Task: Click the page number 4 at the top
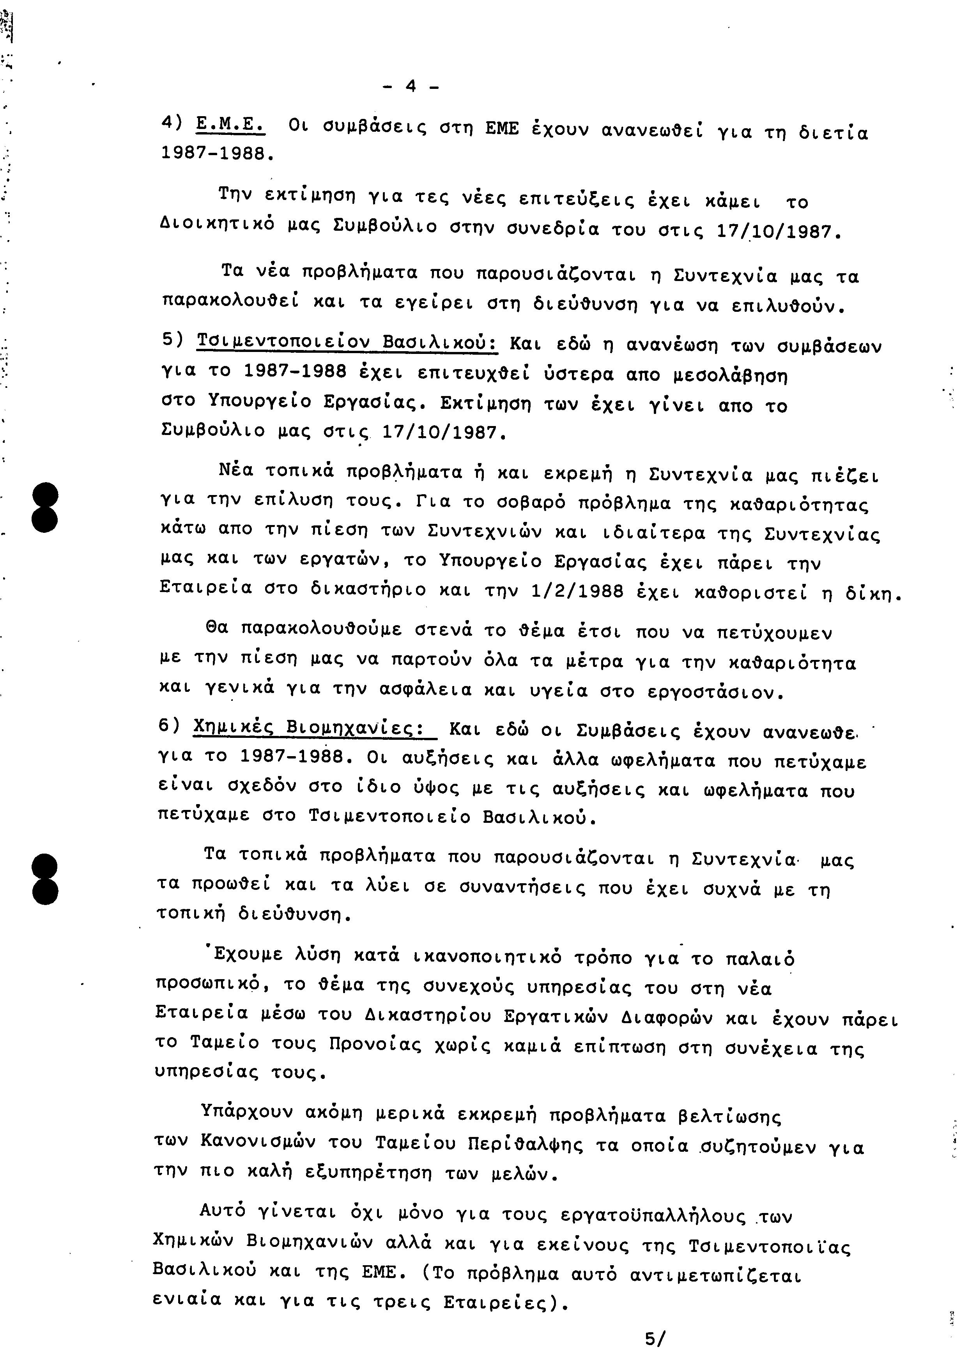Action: (x=411, y=87)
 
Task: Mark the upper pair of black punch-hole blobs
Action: (x=46, y=508)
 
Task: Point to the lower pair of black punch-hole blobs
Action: (x=46, y=879)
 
